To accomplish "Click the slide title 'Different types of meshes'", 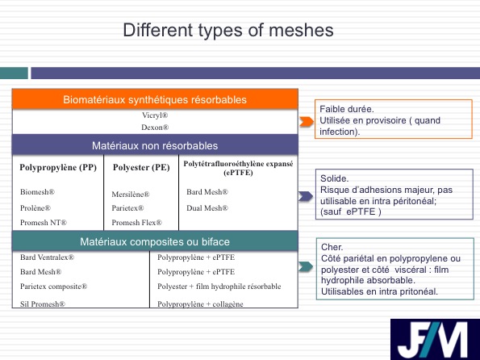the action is tap(228, 31).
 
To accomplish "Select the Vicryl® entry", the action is tap(155, 115).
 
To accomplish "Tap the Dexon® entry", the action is tap(155, 128).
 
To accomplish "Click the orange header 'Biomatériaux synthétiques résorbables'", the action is tap(155, 99).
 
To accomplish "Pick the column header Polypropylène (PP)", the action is tap(58, 168).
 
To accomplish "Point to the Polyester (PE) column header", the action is tap(141, 168).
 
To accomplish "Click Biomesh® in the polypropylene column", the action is tap(37, 192).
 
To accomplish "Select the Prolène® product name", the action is tap(35, 208).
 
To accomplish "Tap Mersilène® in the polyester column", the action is tap(131, 195).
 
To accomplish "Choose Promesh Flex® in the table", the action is tap(137, 223).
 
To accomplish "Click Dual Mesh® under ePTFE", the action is tap(207, 208).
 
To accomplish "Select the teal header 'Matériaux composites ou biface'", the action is tap(155, 241).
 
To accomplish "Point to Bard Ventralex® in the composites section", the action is tap(47, 257).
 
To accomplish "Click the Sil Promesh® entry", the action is tap(43, 304).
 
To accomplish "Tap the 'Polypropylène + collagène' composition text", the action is tap(201, 304).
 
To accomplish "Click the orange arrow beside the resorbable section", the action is tap(307, 122).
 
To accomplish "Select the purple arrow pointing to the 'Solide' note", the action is tap(306, 196).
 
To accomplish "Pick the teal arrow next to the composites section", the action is tap(306, 266).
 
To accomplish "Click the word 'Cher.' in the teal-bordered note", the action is tap(332, 247).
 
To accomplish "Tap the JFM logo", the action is tap(435, 339).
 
